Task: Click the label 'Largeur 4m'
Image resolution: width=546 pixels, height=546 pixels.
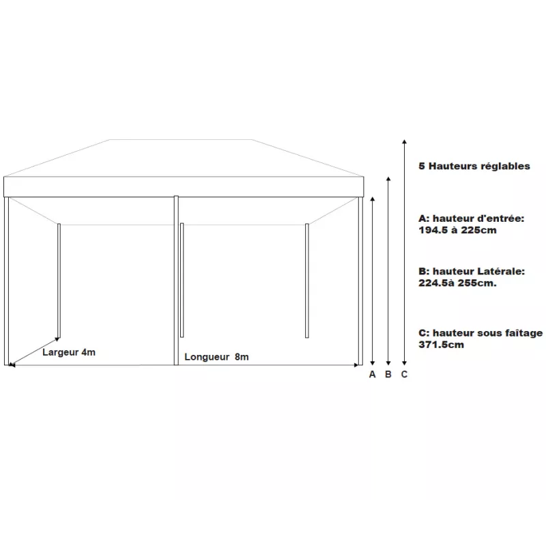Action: point(69,352)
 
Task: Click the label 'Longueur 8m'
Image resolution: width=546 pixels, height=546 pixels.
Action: point(216,357)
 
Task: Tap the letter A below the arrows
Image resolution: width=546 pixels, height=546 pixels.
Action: point(372,374)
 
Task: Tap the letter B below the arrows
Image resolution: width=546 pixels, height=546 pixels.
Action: point(388,374)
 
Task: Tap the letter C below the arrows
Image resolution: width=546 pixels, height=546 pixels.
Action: point(404,374)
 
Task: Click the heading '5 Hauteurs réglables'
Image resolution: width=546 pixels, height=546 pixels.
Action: point(474,166)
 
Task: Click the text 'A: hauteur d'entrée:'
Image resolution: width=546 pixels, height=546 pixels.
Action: point(471,218)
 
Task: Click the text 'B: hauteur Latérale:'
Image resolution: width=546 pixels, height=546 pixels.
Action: point(472,271)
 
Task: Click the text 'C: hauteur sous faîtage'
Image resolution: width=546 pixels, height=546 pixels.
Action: point(480,333)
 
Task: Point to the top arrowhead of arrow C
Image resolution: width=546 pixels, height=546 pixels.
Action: point(404,141)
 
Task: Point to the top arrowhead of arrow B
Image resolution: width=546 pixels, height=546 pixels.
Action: point(388,179)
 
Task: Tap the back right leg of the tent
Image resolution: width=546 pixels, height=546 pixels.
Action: point(307,280)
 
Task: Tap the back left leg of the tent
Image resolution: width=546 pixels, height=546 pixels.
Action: point(59,280)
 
